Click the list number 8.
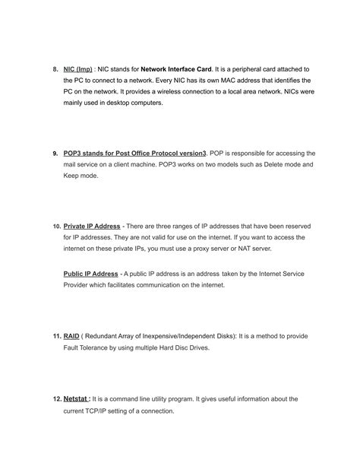(55, 68)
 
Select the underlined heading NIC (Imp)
(78, 68)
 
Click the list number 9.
(55, 153)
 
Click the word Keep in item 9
(74, 176)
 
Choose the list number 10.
(57, 226)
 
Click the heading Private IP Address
(92, 226)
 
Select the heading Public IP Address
(90, 274)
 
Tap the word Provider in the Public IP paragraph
(77, 285)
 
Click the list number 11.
(57, 335)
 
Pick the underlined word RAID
(72, 335)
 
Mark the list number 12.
(57, 398)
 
